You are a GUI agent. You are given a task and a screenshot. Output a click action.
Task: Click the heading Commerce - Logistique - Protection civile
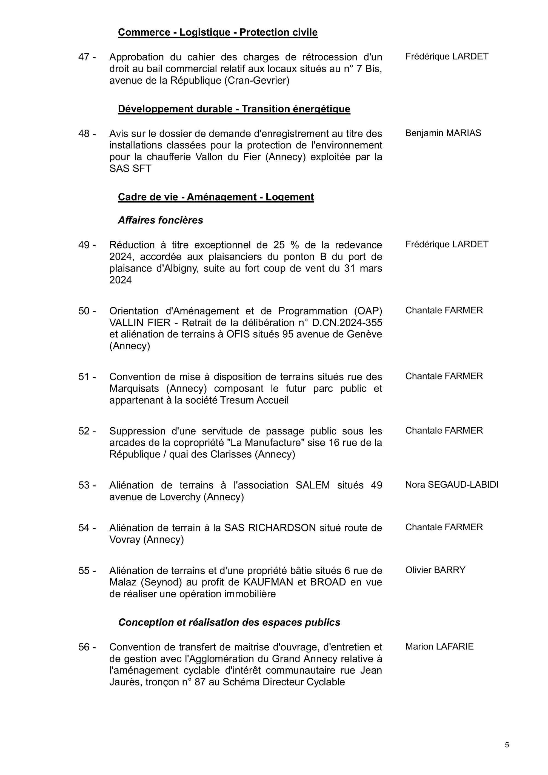218,32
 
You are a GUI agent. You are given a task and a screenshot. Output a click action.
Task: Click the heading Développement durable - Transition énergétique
234,109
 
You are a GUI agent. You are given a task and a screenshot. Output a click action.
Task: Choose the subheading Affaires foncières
160,221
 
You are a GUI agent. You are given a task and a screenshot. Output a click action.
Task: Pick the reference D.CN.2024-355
347,323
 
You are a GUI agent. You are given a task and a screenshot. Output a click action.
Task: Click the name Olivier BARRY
435,570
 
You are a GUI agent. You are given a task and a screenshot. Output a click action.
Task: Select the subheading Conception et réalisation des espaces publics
229,622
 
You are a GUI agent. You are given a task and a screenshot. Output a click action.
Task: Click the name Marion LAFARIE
439,647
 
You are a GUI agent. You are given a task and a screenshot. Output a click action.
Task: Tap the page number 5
507,745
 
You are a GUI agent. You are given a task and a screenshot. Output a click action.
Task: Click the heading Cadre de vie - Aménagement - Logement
216,197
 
